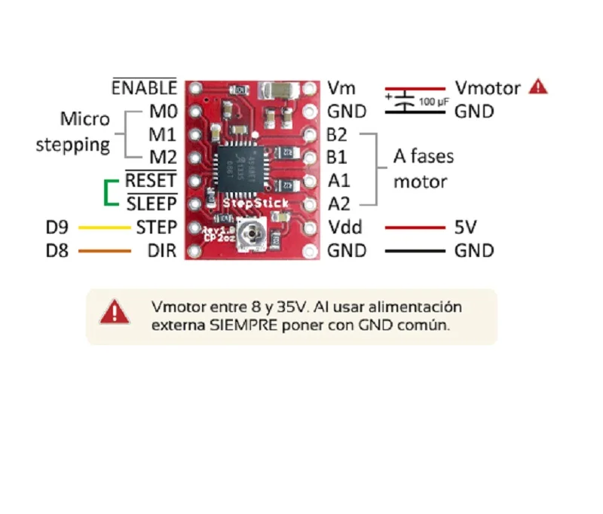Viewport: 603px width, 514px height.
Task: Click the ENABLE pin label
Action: pyautogui.click(x=144, y=87)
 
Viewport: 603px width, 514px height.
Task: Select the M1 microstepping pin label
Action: pyautogui.click(x=162, y=135)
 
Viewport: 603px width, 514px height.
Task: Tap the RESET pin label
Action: pyautogui.click(x=151, y=181)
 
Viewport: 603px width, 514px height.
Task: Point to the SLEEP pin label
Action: pyautogui.click(x=151, y=204)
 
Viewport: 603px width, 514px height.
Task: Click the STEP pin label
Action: pyautogui.click(x=156, y=227)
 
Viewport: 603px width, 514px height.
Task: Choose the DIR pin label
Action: pyautogui.click(x=162, y=250)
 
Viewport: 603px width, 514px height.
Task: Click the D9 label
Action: pyautogui.click(x=58, y=227)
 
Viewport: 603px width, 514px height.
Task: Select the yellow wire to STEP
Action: pyautogui.click(x=104, y=227)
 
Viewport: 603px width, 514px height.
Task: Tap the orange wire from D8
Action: pyautogui.click(x=104, y=250)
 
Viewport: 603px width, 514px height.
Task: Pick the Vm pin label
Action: pyautogui.click(x=341, y=88)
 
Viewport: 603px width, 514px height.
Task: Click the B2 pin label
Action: pyautogui.click(x=337, y=135)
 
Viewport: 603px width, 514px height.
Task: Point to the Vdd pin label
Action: pyautogui.click(x=345, y=227)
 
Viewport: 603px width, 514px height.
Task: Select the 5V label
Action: pyautogui.click(x=466, y=227)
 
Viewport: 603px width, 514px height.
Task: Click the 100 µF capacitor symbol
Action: pyautogui.click(x=406, y=100)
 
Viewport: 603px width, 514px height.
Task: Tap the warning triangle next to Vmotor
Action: pyautogui.click(x=537, y=87)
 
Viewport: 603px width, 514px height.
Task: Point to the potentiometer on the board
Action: pyautogui.click(x=249, y=234)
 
